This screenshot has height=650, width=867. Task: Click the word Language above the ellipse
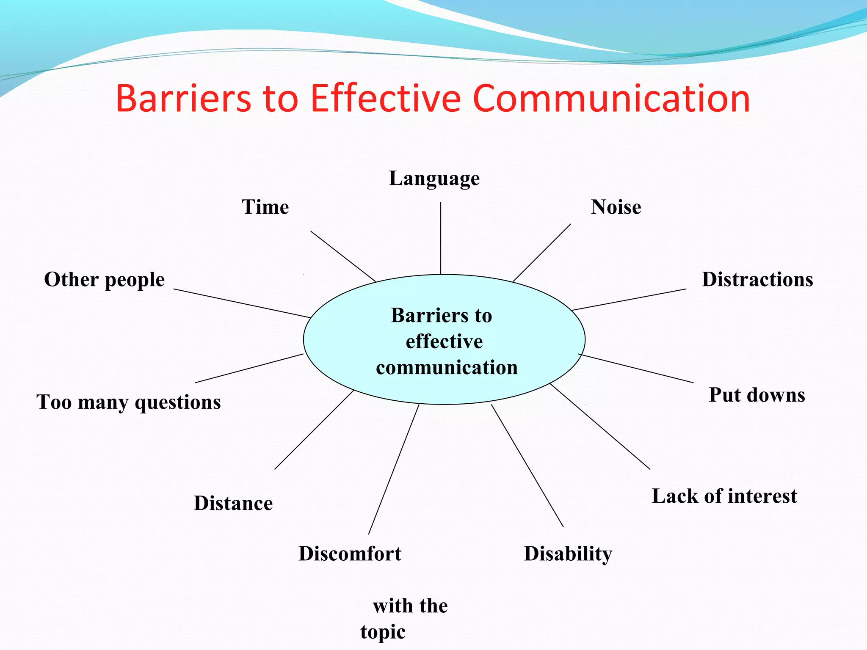click(434, 178)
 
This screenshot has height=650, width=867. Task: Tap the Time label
click(265, 207)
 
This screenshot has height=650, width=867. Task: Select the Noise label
click(616, 207)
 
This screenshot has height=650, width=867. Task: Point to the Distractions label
click(757, 280)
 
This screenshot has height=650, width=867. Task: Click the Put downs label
click(757, 395)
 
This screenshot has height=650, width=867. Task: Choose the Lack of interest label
click(724, 496)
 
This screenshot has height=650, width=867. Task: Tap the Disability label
click(568, 554)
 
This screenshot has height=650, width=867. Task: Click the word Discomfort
click(350, 554)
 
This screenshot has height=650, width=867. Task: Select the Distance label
click(233, 503)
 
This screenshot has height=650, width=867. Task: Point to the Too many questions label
click(129, 402)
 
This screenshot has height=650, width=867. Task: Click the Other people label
click(105, 280)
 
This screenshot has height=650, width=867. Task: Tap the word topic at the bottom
click(383, 632)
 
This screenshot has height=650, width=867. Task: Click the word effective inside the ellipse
click(444, 342)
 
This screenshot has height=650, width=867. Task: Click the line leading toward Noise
click(542, 253)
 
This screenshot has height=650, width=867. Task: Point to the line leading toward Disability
click(527, 466)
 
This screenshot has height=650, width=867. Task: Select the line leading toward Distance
click(314, 430)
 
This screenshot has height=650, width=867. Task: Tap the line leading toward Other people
click(242, 303)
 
